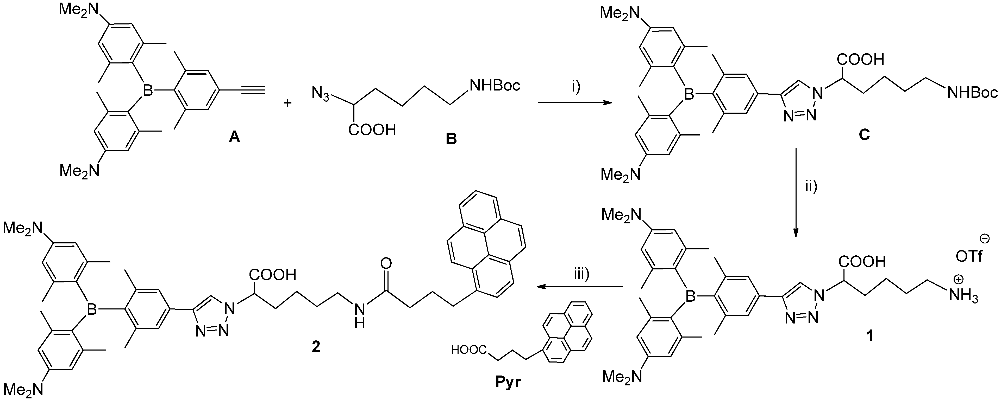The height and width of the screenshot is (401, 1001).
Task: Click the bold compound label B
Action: pos(451,139)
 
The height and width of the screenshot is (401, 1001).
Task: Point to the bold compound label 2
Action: pos(316,346)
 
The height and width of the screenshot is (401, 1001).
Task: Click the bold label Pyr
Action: pos(508,382)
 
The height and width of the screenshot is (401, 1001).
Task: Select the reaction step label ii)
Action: pos(811,187)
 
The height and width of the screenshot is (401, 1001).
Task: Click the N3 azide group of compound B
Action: pos(320,93)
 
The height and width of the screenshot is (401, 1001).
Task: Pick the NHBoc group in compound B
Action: pos(495,85)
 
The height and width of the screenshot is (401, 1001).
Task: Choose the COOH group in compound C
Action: pos(860,59)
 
